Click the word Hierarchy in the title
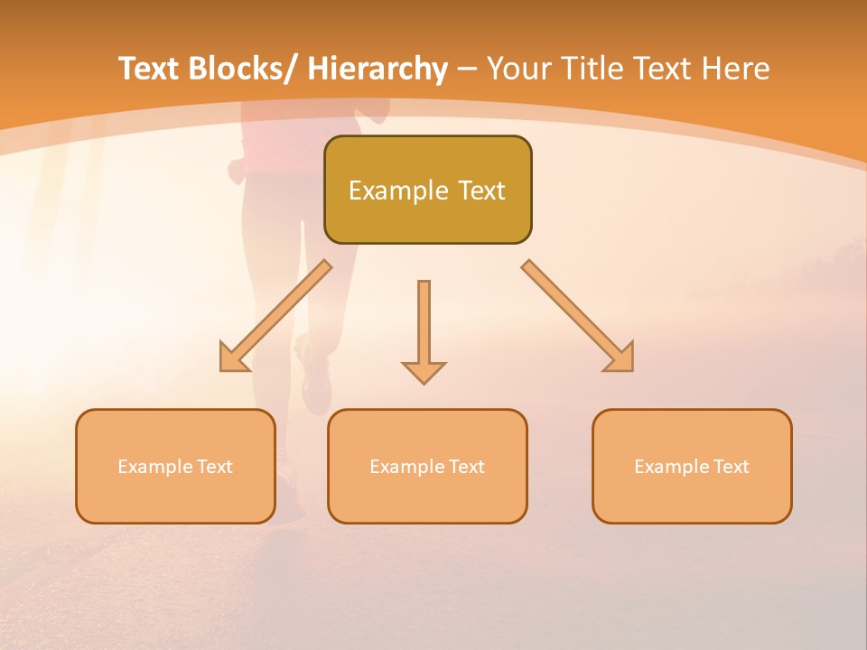tap(378, 70)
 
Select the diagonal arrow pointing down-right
tap(579, 317)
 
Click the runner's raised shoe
tap(315, 379)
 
